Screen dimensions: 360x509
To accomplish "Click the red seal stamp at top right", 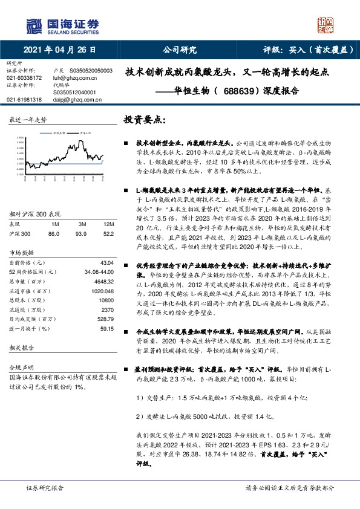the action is point(325,25).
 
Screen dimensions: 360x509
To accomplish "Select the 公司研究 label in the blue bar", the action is point(180,51).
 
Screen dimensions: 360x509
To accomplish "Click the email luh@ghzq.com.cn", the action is point(74,78).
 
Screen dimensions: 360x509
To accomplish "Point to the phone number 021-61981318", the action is point(24,100).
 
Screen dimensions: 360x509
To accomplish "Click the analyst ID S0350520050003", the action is point(91,71).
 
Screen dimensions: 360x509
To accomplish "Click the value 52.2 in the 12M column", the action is point(107,233).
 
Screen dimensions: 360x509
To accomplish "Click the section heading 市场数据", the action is point(22,251).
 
